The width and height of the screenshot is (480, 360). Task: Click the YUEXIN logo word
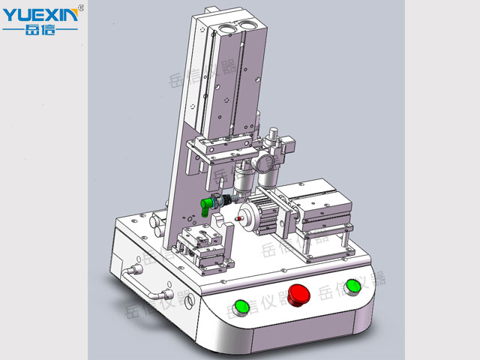coord(40,15)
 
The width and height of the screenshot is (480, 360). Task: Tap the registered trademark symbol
coord(81,7)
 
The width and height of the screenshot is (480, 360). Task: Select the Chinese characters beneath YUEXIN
coord(40,29)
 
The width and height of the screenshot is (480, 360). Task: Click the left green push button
coord(241,307)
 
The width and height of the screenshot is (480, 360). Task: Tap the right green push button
coord(353,287)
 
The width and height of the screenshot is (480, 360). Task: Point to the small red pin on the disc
coord(238,218)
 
